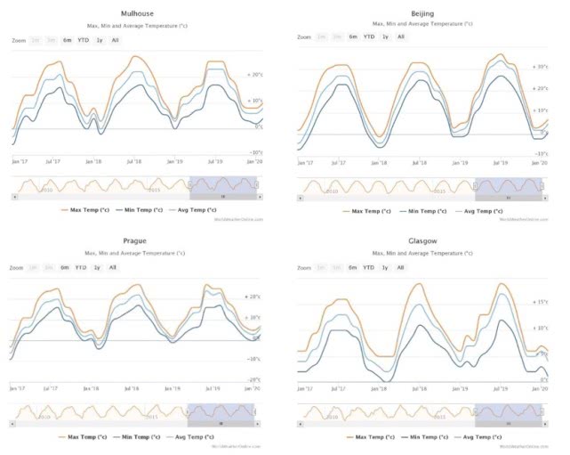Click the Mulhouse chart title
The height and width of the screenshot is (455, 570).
coord(136,14)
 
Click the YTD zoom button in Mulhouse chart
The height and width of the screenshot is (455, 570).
coord(84,40)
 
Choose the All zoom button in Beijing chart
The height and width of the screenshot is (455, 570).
coord(401,37)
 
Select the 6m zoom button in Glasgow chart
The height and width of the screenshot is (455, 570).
coord(352,267)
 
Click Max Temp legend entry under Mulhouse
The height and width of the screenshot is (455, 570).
coord(85,210)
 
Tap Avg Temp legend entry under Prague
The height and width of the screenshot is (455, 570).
coord(190,437)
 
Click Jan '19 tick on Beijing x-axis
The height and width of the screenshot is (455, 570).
coord(460,163)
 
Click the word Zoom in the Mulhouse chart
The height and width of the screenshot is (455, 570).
coord(20,40)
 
